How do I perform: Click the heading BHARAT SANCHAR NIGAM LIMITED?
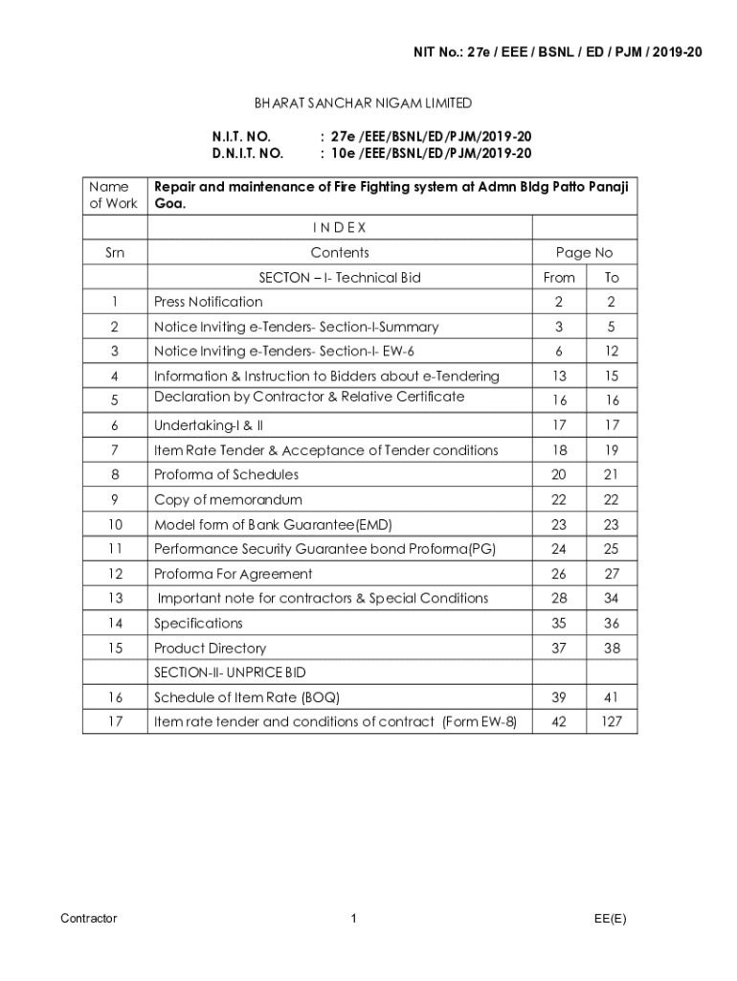363,103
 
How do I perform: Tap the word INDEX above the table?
339,228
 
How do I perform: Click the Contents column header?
339,253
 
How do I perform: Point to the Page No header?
584,253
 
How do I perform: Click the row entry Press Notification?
208,303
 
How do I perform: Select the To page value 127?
612,721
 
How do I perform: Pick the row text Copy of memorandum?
228,500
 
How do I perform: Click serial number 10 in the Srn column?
115,525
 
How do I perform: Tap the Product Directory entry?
210,649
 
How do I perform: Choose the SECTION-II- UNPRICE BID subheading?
230,673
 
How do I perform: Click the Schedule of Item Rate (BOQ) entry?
247,697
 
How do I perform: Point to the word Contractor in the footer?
88,919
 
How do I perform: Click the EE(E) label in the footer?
610,919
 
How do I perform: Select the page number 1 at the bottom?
353,919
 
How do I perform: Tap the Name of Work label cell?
113,195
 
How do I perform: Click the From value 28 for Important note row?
559,599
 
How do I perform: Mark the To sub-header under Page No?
612,278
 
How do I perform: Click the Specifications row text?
198,624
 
